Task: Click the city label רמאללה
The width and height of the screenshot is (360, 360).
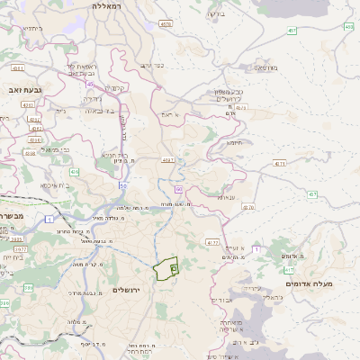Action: pyautogui.click(x=112, y=5)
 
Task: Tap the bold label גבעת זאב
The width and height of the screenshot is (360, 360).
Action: pyautogui.click(x=17, y=89)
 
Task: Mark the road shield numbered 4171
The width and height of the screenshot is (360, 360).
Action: pyautogui.click(x=280, y=163)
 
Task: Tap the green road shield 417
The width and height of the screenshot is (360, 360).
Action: pyautogui.click(x=289, y=269)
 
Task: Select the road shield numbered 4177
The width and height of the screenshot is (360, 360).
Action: pyautogui.click(x=211, y=242)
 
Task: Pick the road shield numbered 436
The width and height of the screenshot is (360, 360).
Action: pyautogui.click(x=74, y=171)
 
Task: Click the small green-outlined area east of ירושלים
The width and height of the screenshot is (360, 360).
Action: pyautogui.click(x=167, y=269)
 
